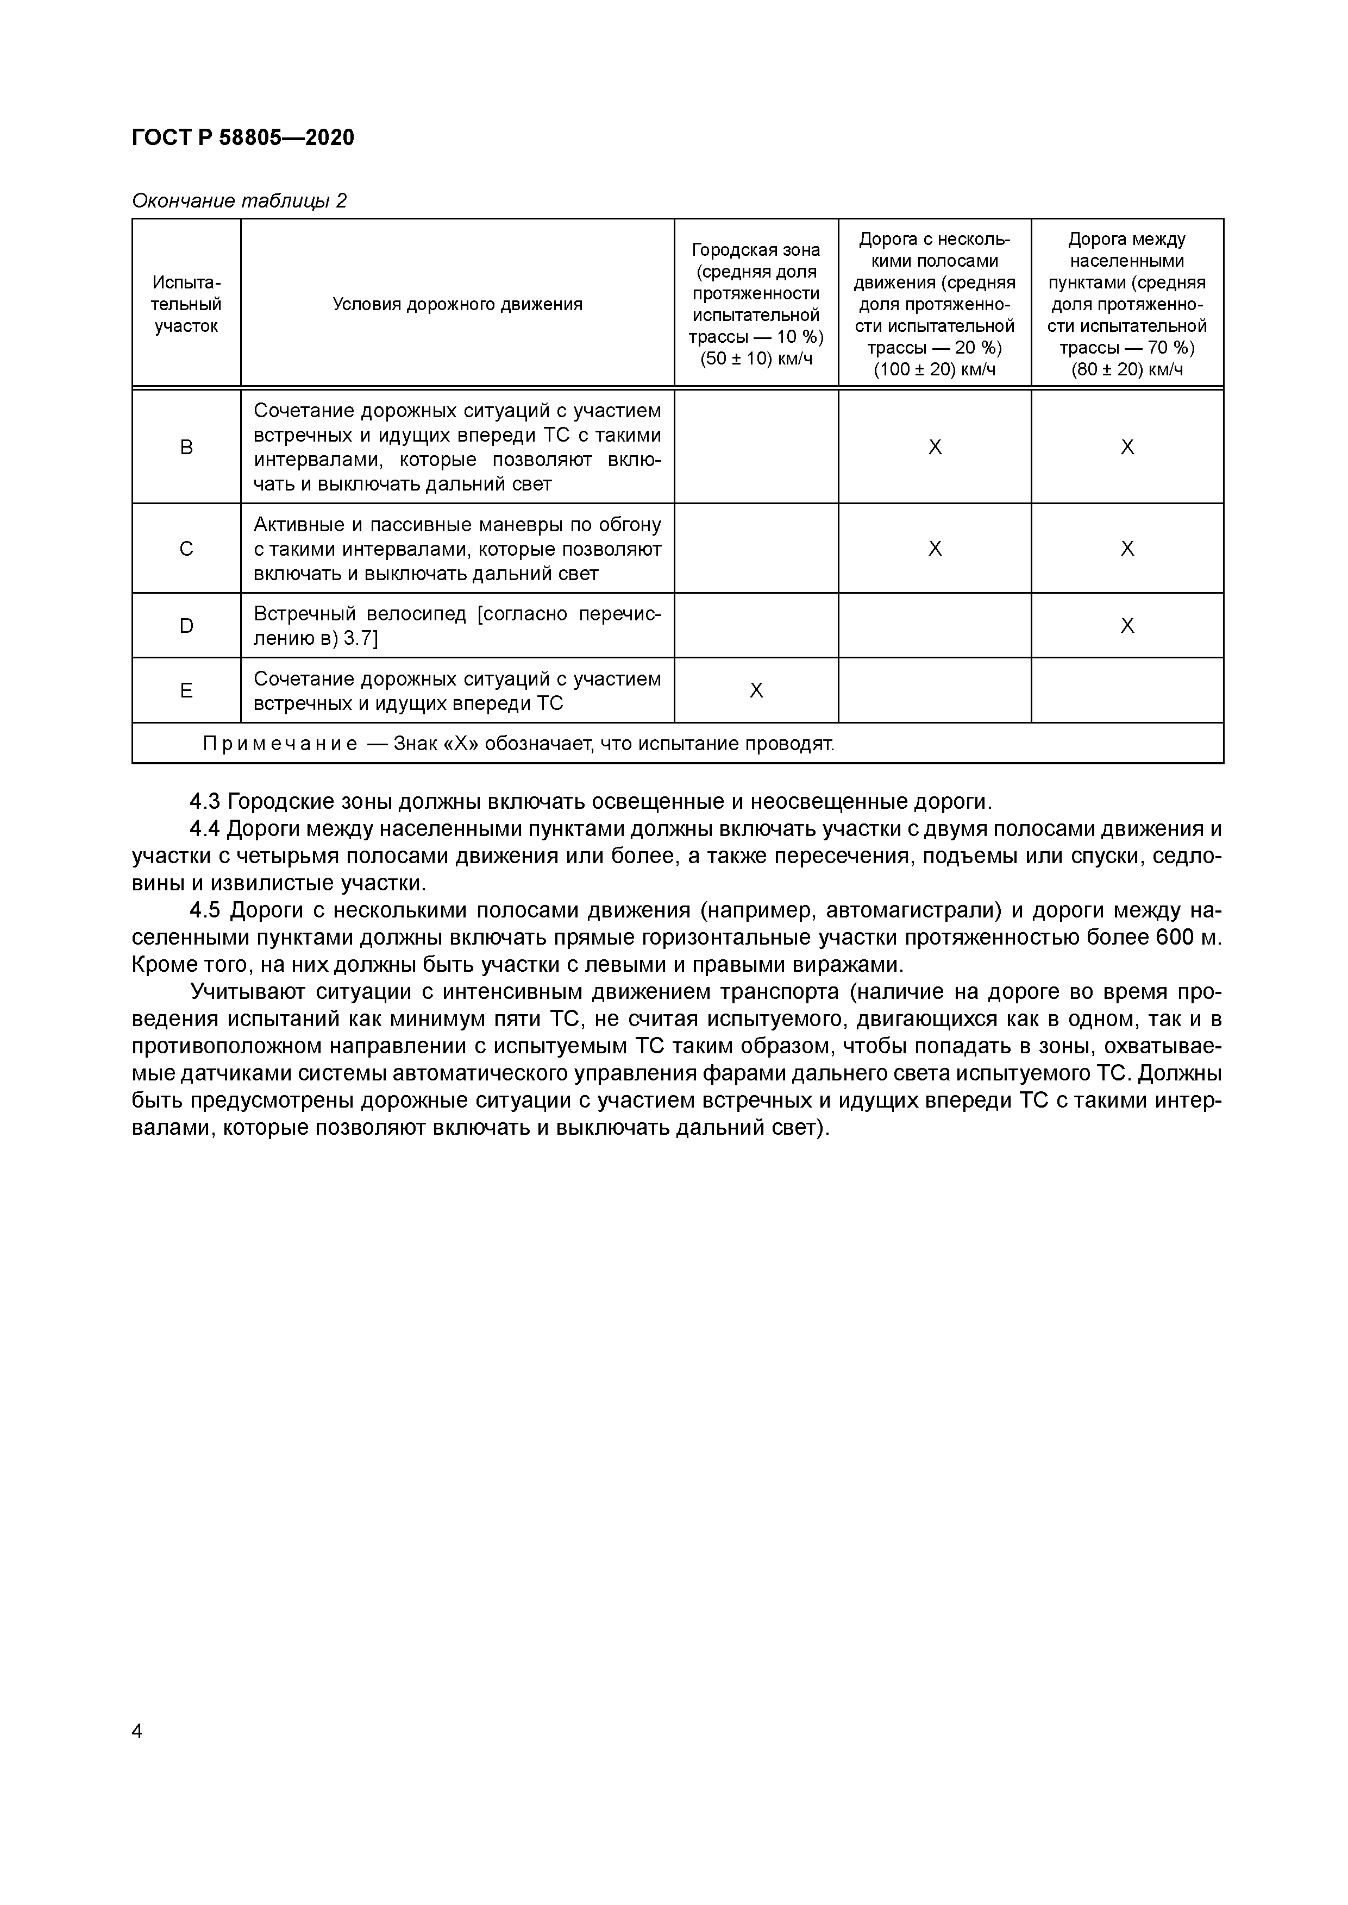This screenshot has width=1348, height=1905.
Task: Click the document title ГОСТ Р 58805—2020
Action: [x=242, y=138]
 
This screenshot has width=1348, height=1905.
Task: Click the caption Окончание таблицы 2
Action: [x=239, y=201]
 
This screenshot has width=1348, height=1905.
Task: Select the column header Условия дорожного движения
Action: [x=457, y=305]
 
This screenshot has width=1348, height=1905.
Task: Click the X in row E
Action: [x=756, y=691]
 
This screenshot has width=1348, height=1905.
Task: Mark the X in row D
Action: [x=1127, y=626]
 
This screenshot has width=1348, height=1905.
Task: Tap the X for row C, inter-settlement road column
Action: [x=1127, y=549]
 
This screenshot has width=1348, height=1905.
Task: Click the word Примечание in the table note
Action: [x=280, y=744]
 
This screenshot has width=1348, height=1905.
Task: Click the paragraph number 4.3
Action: [x=205, y=802]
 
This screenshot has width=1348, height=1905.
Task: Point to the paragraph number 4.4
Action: [x=205, y=829]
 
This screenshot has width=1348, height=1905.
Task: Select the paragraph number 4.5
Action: [x=205, y=910]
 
